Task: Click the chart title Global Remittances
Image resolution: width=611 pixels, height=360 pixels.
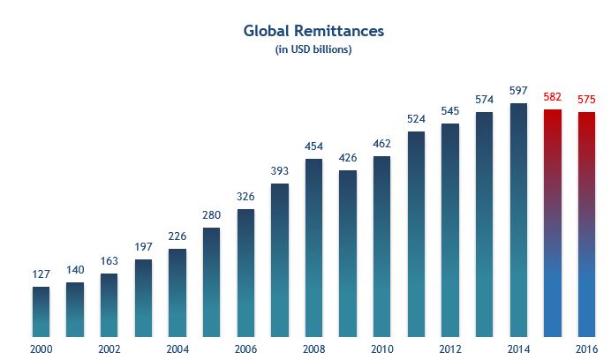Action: [x=313, y=31]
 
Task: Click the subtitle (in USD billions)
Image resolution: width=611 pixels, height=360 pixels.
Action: [x=313, y=49]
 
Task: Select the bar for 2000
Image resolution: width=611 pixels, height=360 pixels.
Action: [x=41, y=311]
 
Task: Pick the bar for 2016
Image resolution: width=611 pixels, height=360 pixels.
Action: [x=586, y=224]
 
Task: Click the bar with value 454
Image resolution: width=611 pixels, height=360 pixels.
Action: [x=313, y=247]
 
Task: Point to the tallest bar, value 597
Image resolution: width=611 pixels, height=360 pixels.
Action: [x=518, y=220]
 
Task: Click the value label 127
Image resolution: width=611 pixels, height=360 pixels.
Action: [x=41, y=274]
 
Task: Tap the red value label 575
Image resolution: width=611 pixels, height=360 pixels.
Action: [x=586, y=100]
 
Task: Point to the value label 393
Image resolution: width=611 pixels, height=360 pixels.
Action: [x=280, y=171]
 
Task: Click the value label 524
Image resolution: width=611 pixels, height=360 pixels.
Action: [x=416, y=119]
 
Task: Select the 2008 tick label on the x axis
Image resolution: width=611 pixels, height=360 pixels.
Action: [x=313, y=349]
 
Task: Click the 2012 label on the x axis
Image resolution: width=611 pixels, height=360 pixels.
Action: [x=450, y=349]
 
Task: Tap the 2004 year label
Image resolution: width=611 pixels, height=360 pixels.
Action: [x=177, y=349]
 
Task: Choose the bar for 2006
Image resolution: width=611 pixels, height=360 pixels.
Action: [x=245, y=273]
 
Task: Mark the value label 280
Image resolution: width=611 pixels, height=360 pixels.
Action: [x=212, y=215]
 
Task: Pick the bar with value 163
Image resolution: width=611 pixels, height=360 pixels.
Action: [x=109, y=304]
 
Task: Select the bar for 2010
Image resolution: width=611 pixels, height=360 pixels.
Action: [x=381, y=246]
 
